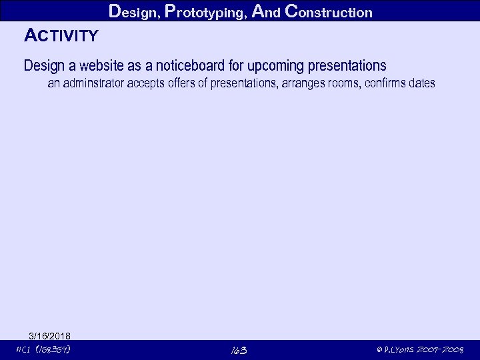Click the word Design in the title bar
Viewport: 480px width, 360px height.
(x=132, y=11)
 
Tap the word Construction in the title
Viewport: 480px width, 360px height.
(x=327, y=11)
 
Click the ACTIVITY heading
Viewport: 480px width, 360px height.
(x=61, y=35)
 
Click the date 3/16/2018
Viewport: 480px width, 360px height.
(x=50, y=335)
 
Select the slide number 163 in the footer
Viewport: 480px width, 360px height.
(x=239, y=351)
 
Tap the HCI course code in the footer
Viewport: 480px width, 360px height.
(x=44, y=350)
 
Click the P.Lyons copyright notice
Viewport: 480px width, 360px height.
(x=420, y=350)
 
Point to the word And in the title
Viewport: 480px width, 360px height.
(x=267, y=11)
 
